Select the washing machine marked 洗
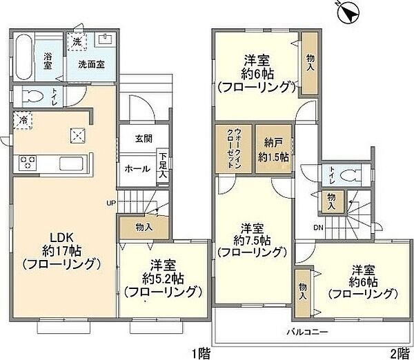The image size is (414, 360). coord(77,41)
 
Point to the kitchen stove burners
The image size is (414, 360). coord(28,163)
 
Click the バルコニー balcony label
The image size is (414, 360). coord(307,332)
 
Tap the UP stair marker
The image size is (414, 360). coord(110,203)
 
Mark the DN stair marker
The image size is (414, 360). coord(318,227)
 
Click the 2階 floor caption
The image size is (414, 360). coord(399,353)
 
